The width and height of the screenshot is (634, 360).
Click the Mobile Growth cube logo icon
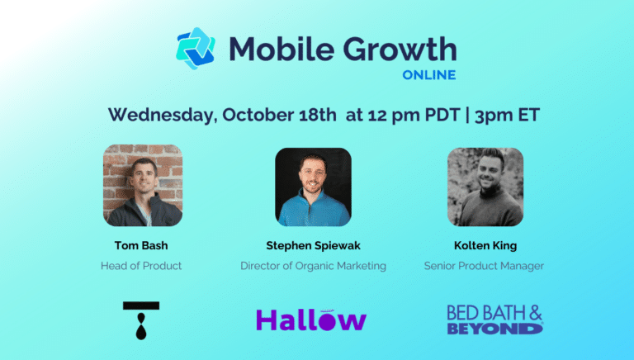click(196, 48)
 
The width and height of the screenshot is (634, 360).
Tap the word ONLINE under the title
click(429, 75)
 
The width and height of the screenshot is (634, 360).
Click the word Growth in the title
click(400, 50)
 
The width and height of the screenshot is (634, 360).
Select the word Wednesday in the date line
click(162, 116)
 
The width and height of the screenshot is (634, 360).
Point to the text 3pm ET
click(507, 116)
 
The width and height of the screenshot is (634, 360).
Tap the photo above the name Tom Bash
click(143, 185)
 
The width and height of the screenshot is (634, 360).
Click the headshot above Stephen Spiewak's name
click(314, 187)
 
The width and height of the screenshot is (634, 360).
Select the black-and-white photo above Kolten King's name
click(485, 187)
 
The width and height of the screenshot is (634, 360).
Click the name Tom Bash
click(141, 245)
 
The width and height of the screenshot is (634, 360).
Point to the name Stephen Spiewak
click(314, 245)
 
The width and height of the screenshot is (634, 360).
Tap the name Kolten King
click(485, 245)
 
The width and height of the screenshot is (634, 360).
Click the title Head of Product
click(141, 266)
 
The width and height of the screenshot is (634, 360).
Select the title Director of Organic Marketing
click(314, 266)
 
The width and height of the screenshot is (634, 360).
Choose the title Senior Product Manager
click(484, 266)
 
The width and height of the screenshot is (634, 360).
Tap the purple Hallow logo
click(311, 320)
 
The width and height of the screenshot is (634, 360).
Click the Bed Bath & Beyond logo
click(495, 320)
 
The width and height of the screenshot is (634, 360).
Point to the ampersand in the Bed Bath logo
click(535, 314)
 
